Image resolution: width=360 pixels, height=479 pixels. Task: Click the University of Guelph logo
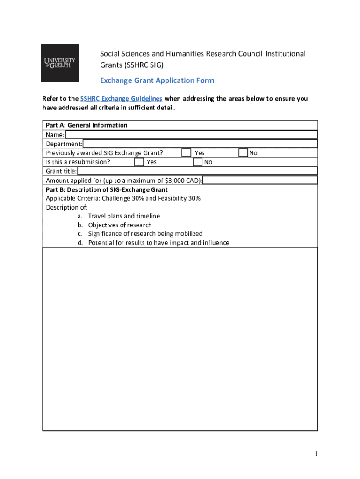point(59,63)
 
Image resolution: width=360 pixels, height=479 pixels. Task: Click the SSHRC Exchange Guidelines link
point(121,99)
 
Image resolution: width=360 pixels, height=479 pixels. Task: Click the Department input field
point(200,144)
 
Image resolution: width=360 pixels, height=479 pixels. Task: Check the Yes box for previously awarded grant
point(186,153)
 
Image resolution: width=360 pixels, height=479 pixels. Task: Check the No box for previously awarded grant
point(243,153)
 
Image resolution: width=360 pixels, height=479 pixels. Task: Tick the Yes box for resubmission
point(139,162)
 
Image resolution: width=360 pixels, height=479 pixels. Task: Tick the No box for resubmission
point(197,162)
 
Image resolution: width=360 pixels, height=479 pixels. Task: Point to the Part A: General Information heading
point(86,125)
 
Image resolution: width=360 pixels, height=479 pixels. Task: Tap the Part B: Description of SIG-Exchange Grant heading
point(107,190)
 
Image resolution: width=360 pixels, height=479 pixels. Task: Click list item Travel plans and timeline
point(124,216)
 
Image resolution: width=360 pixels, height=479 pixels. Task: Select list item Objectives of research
point(120,225)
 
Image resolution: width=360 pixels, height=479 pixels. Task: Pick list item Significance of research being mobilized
point(145,234)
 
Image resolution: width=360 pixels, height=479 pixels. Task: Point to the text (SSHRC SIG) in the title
point(132,65)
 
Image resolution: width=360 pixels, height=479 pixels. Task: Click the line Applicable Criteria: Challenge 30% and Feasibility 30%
point(123,198)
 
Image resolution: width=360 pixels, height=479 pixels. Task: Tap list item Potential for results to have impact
point(158,243)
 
